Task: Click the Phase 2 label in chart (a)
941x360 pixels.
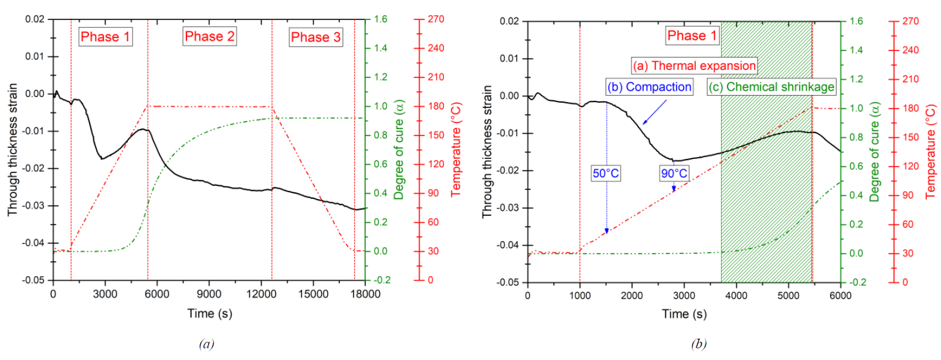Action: point(209,36)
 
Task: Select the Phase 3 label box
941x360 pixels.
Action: point(315,37)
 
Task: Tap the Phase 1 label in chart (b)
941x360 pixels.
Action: point(692,36)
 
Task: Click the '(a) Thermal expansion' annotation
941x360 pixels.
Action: point(694,66)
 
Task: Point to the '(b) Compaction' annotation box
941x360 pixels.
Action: point(649,87)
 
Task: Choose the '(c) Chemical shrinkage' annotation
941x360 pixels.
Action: point(771,87)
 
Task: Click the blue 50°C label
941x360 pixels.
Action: point(606,173)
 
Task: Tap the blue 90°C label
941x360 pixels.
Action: point(674,173)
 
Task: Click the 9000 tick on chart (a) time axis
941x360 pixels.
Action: point(209,294)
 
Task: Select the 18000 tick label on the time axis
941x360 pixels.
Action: point(365,294)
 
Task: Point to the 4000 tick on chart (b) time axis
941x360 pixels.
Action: point(736,296)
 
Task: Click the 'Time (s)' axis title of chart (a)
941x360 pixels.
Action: point(209,313)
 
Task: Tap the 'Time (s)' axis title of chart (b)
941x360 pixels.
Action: point(684,314)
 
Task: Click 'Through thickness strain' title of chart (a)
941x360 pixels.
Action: point(12,150)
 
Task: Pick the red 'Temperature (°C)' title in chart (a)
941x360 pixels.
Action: point(456,150)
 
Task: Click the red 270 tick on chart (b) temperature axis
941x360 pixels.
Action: point(911,21)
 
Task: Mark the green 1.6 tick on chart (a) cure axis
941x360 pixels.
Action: point(381,19)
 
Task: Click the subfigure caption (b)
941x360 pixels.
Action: point(698,344)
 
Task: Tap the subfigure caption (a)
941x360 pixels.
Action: point(206,344)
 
